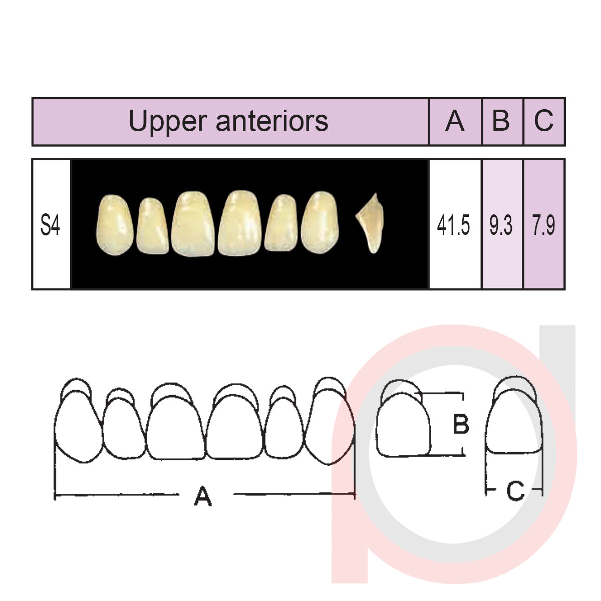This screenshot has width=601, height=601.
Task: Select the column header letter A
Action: coord(455,121)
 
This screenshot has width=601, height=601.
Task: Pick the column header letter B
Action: coord(501,121)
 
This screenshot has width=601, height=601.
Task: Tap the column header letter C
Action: coord(543,121)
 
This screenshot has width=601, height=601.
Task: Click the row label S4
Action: coord(50,225)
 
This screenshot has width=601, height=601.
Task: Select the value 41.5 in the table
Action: coord(454,226)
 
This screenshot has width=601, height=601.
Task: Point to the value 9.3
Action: coord(501,226)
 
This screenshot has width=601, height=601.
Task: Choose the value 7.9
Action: coord(543,226)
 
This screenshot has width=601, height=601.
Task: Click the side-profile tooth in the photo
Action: coord(371,223)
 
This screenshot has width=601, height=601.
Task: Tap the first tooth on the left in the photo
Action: coord(115,225)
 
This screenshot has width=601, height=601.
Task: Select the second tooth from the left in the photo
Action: coord(152,226)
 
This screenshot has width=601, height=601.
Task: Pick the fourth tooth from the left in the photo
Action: coord(240,223)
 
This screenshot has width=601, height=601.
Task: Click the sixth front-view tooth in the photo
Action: coord(321,222)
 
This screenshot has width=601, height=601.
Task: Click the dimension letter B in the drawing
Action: coord(461,424)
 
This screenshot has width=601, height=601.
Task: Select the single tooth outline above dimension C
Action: coord(514,421)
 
